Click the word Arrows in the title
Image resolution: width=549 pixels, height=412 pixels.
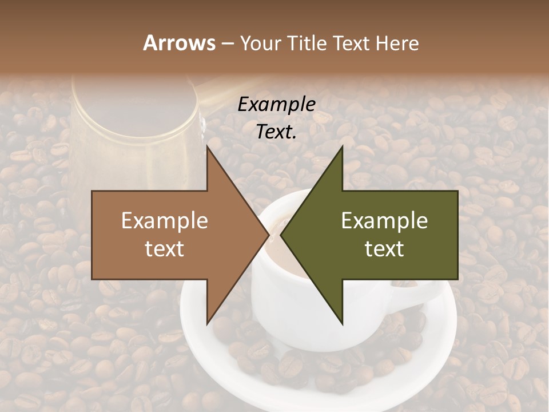pos(179,43)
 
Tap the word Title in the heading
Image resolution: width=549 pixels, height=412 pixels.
pos(307,43)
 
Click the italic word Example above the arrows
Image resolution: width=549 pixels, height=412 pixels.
pos(277,105)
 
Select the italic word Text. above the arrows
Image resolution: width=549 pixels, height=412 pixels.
pos(277,132)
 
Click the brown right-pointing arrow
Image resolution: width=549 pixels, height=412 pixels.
pos(172,235)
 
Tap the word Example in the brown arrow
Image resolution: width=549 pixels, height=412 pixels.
pos(165,221)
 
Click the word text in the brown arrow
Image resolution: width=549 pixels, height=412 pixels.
pos(165,249)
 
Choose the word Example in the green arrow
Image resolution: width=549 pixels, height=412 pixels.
pos(384,221)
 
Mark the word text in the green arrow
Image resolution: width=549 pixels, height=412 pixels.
pos(384,249)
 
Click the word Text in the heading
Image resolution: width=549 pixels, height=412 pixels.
pos(350,43)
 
